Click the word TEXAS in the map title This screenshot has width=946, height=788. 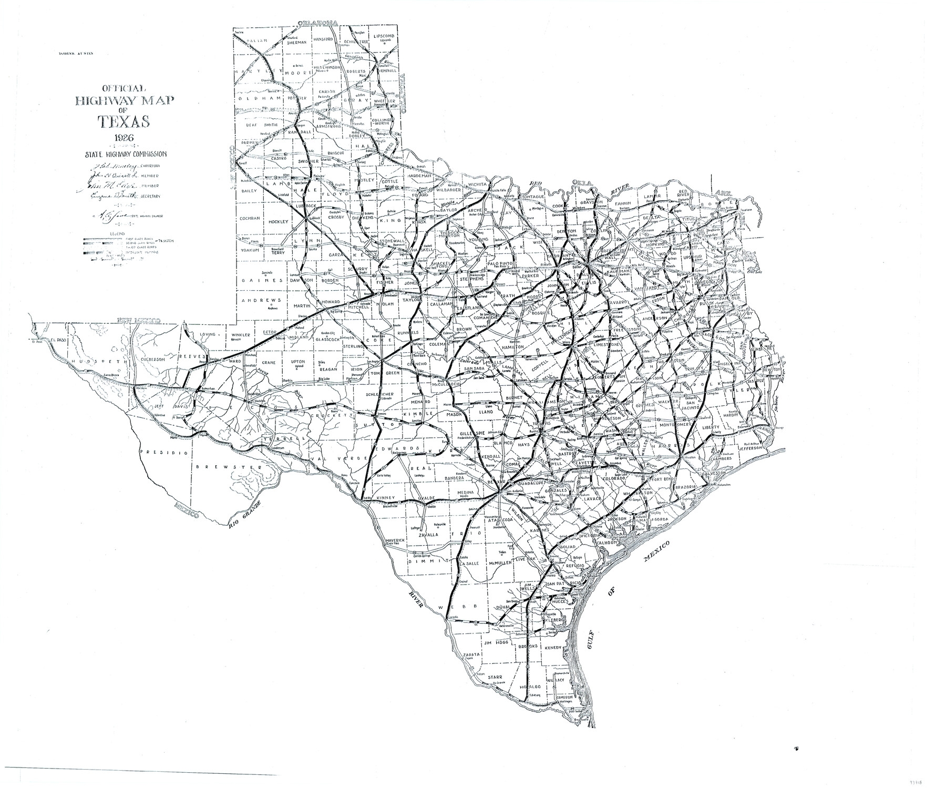tap(124, 121)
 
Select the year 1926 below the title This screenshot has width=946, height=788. tap(124, 139)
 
